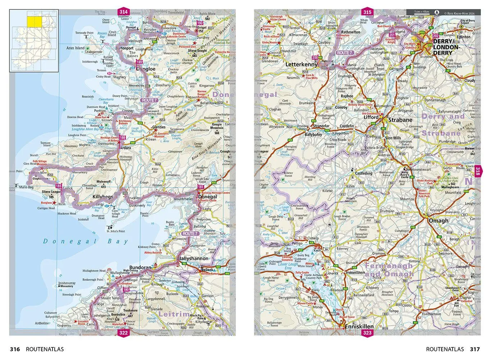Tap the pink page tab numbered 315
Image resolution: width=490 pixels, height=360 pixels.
click(367, 12)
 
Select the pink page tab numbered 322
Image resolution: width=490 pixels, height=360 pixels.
click(123, 333)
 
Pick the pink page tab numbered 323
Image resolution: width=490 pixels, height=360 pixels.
click(367, 333)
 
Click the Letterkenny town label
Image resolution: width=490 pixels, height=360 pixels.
click(302, 65)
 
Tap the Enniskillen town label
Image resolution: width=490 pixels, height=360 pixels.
click(359, 327)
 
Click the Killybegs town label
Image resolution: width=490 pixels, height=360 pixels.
click(103, 197)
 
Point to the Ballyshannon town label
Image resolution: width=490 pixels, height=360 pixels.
click(194, 258)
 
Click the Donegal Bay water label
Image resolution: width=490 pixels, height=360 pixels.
click(86, 242)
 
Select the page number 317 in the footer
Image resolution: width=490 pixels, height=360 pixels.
click(475, 349)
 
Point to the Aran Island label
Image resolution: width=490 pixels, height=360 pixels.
click(75, 48)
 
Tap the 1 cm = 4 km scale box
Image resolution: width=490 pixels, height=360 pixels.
click(422, 12)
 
